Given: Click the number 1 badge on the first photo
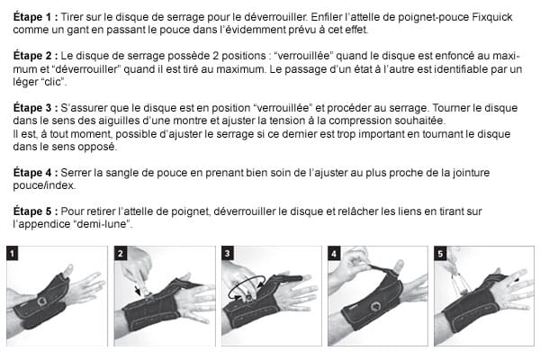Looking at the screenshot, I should [13, 253].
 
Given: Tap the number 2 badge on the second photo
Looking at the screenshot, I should [120, 253].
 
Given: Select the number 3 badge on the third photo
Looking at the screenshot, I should [227, 253].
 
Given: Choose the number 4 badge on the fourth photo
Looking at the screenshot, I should [334, 253].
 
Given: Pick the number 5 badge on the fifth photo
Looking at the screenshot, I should [441, 253].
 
